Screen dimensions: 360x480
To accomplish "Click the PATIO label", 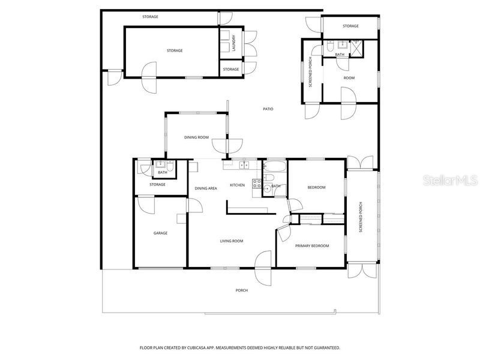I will [x=268, y=109].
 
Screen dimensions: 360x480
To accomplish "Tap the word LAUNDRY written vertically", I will [x=234, y=43].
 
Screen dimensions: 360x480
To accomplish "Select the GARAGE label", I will [x=160, y=233].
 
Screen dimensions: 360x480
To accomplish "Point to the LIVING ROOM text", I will [x=231, y=241].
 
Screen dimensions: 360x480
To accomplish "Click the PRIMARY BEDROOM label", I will [x=311, y=245].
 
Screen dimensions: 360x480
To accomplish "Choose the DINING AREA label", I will [x=206, y=188].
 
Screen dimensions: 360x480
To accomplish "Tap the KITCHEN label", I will [x=238, y=185].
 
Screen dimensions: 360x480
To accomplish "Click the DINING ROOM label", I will [x=196, y=137].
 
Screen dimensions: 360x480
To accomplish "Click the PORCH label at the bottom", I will [x=241, y=290].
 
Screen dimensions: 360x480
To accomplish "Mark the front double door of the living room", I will [x=263, y=267].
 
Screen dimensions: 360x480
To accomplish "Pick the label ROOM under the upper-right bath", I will [x=349, y=78].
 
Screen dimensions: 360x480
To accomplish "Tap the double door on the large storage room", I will [x=151, y=77].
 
